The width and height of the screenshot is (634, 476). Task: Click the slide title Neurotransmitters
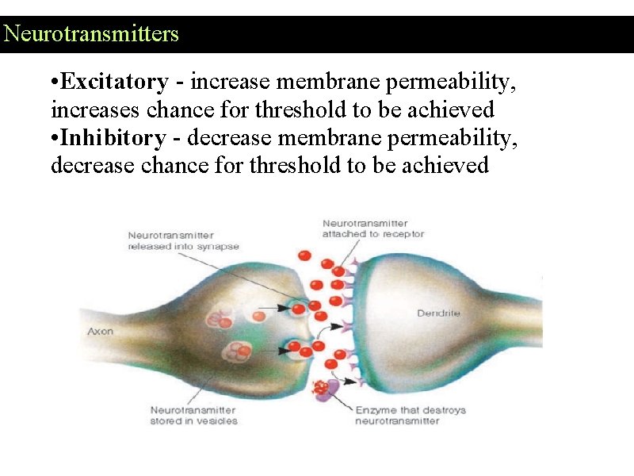(x=91, y=34)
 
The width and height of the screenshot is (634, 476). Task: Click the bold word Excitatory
(x=114, y=82)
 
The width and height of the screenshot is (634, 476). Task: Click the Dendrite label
(x=438, y=313)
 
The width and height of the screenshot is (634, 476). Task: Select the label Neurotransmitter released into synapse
(x=183, y=240)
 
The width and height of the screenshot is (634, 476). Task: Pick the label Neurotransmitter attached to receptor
(x=372, y=228)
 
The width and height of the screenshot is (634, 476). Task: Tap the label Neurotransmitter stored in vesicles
(x=193, y=415)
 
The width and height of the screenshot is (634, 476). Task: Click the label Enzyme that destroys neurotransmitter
(x=410, y=415)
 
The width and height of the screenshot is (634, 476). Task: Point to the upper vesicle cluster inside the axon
(x=221, y=318)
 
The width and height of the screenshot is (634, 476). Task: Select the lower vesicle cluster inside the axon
(x=238, y=351)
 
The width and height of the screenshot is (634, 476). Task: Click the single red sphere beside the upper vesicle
(x=258, y=316)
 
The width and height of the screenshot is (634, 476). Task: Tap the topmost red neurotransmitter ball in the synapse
(x=304, y=255)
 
